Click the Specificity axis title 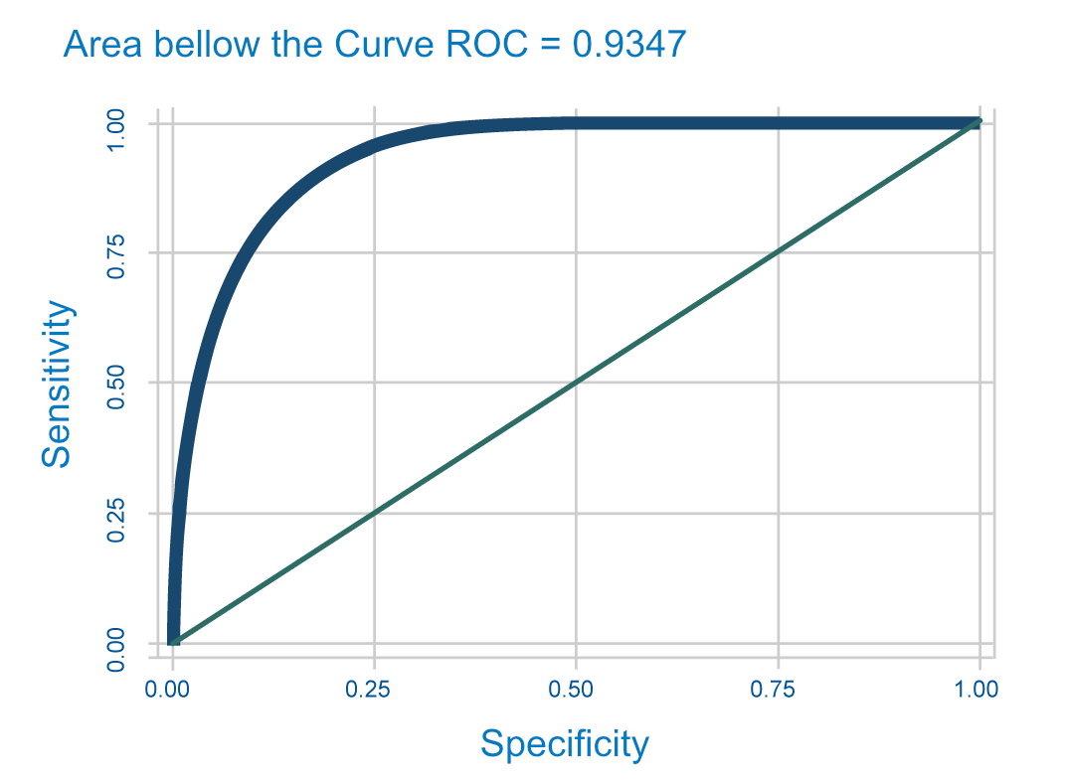(564, 743)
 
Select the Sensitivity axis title (57, 384)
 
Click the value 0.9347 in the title (630, 44)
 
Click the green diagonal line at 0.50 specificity (576, 383)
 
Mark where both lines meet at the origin (173, 642)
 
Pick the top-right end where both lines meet (978, 123)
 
